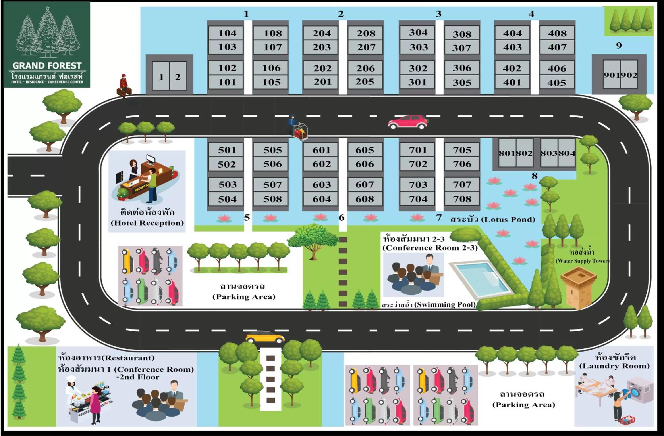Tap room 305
[x=462, y=82]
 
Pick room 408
[x=557, y=33]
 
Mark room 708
[x=462, y=199]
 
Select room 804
[x=567, y=153]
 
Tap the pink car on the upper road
[x=408, y=122]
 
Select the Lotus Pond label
[x=493, y=219]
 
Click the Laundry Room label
[x=614, y=366]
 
